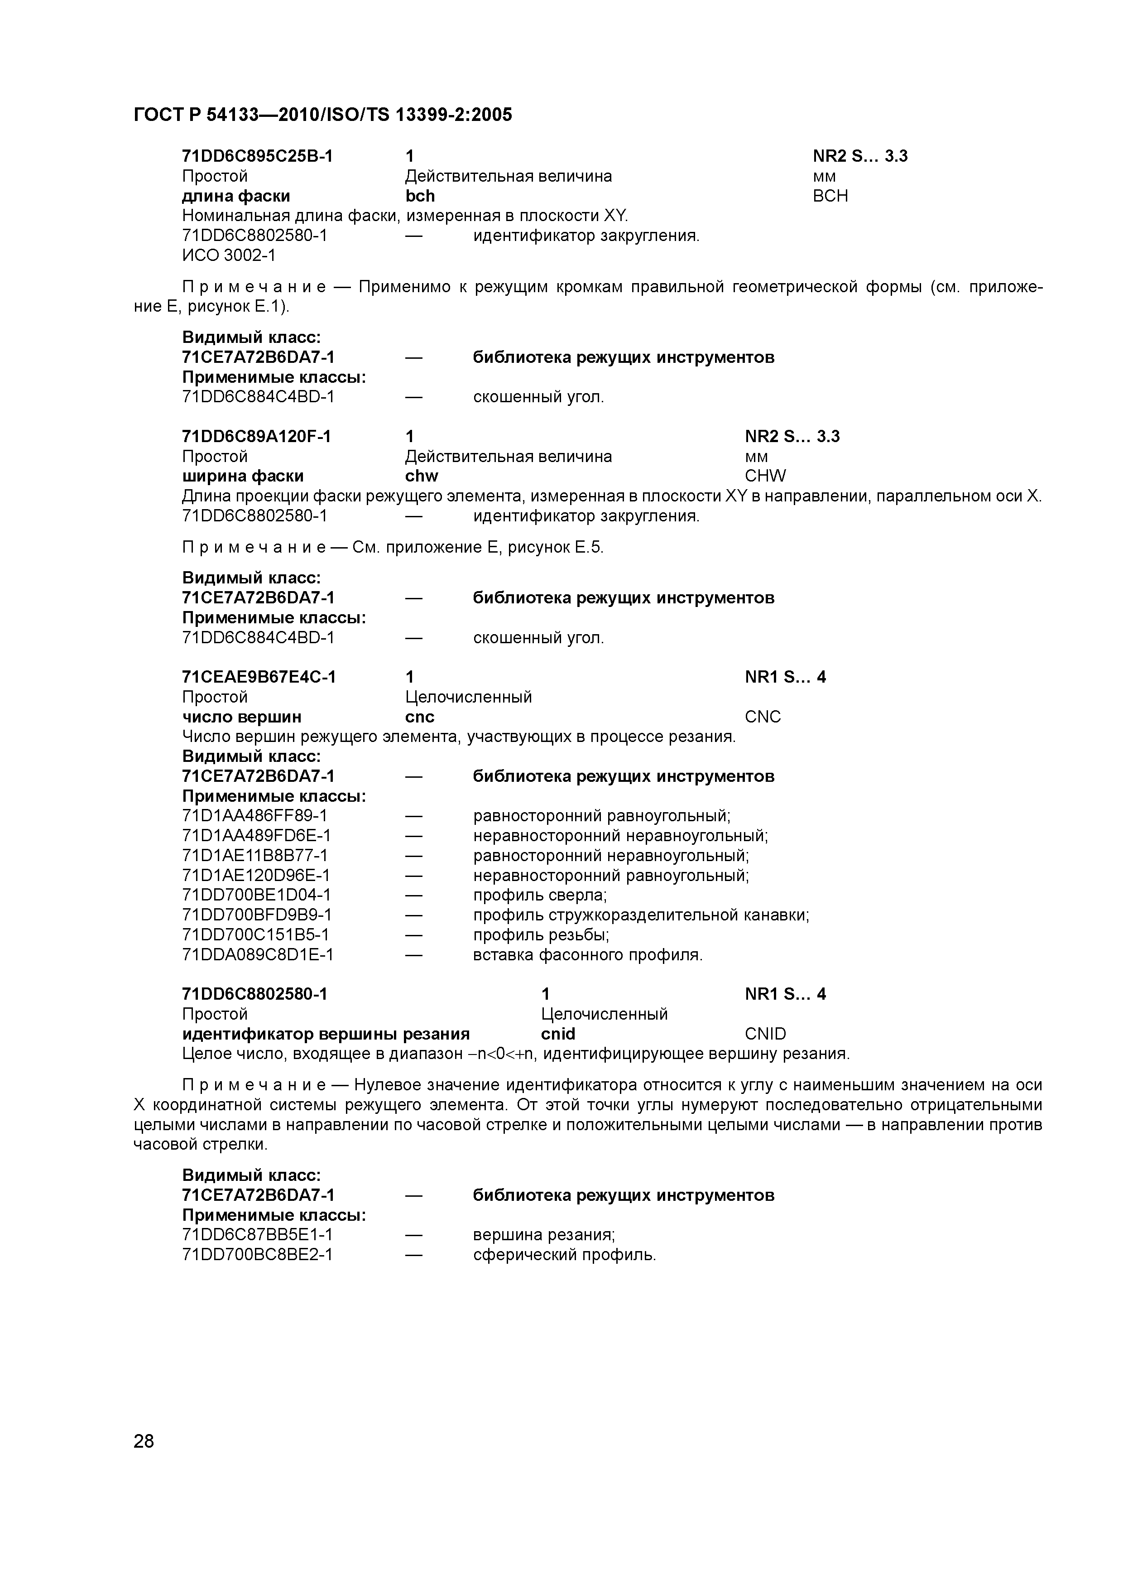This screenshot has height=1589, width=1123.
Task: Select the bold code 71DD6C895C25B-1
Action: click(257, 156)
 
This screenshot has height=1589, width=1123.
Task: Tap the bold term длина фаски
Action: click(236, 196)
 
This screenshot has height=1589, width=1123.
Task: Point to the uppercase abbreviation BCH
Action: click(830, 196)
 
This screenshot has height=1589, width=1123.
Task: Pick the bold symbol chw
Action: click(422, 476)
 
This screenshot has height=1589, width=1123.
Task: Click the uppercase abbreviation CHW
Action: click(765, 476)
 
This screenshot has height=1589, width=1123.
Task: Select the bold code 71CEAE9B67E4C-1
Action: click(259, 676)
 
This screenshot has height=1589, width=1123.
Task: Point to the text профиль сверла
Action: click(540, 896)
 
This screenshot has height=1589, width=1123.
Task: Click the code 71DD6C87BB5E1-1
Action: click(257, 1235)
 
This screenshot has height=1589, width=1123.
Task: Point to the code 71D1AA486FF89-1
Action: click(254, 816)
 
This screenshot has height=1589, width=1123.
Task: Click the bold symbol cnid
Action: click(558, 1034)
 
